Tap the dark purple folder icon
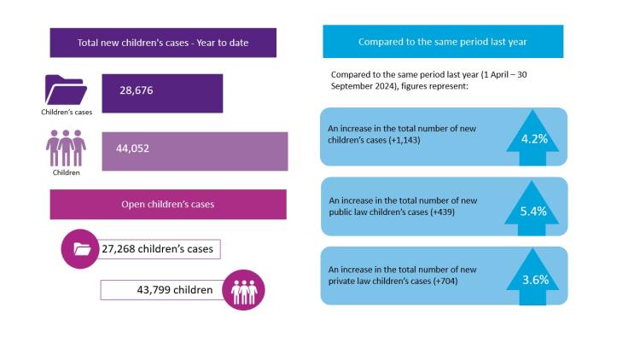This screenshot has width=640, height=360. click(x=66, y=90)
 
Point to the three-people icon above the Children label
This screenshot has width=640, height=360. click(x=66, y=148)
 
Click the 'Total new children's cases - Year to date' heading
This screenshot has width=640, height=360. click(x=163, y=43)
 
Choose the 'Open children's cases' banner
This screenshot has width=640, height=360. click(x=168, y=204)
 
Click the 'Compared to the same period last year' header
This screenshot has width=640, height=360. click(x=442, y=41)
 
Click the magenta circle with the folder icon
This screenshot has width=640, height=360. click(x=81, y=249)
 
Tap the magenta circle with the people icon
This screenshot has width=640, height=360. click(x=244, y=290)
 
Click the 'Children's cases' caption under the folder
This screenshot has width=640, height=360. click(x=66, y=112)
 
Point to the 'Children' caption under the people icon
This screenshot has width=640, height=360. click(x=66, y=172)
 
